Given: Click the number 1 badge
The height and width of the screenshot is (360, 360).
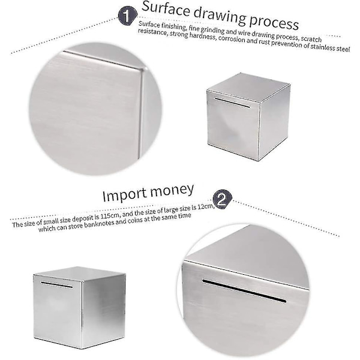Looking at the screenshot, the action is pyautogui.click(x=128, y=16).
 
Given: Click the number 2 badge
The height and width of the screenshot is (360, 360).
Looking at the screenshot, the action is pyautogui.click(x=222, y=199).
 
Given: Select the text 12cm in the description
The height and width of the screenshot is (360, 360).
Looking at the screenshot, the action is pyautogui.click(x=206, y=207).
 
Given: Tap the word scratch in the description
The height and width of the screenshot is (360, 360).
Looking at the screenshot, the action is pyautogui.click(x=311, y=38).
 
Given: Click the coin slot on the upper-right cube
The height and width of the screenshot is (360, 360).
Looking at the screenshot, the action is pyautogui.click(x=232, y=103).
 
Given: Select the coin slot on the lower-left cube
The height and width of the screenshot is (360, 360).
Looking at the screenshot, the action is pyautogui.click(x=56, y=284).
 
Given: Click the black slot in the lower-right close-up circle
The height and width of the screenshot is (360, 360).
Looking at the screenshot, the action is pyautogui.click(x=244, y=290).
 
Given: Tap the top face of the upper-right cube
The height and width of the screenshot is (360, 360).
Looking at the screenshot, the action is pyautogui.click(x=247, y=87).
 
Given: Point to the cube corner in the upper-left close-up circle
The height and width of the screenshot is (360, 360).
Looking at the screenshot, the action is pyautogui.click(x=143, y=68).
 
